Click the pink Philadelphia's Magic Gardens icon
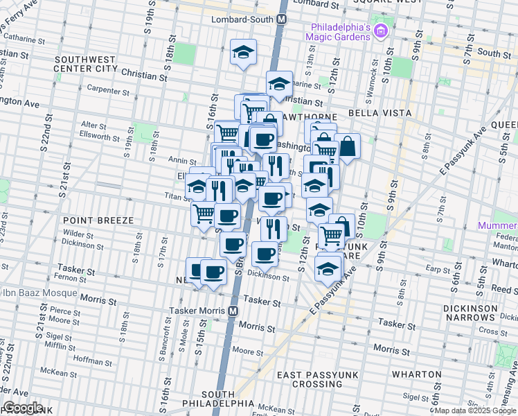click(x=379, y=31)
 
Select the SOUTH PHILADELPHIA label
click(x=218, y=397)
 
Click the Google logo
click(x=22, y=408)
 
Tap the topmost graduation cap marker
click(x=243, y=52)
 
